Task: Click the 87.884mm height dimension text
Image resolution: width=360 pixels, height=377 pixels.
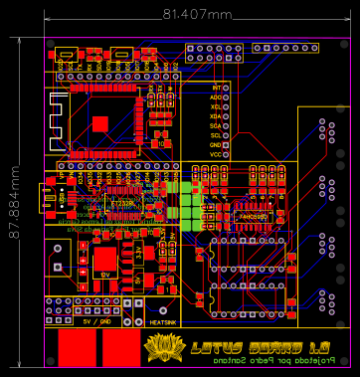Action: (13, 193)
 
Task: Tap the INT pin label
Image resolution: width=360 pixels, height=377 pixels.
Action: (216, 89)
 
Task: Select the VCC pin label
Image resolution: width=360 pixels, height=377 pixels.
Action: (216, 154)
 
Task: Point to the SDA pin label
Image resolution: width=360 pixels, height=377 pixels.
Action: (216, 126)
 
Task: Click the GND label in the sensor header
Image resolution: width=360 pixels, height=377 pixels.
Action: (216, 145)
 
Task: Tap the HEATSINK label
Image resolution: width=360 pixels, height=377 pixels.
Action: (163, 321)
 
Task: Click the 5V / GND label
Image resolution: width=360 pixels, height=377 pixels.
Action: (97, 321)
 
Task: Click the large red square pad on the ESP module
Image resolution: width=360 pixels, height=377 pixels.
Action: (100, 123)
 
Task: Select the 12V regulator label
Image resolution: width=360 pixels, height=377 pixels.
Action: (104, 274)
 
